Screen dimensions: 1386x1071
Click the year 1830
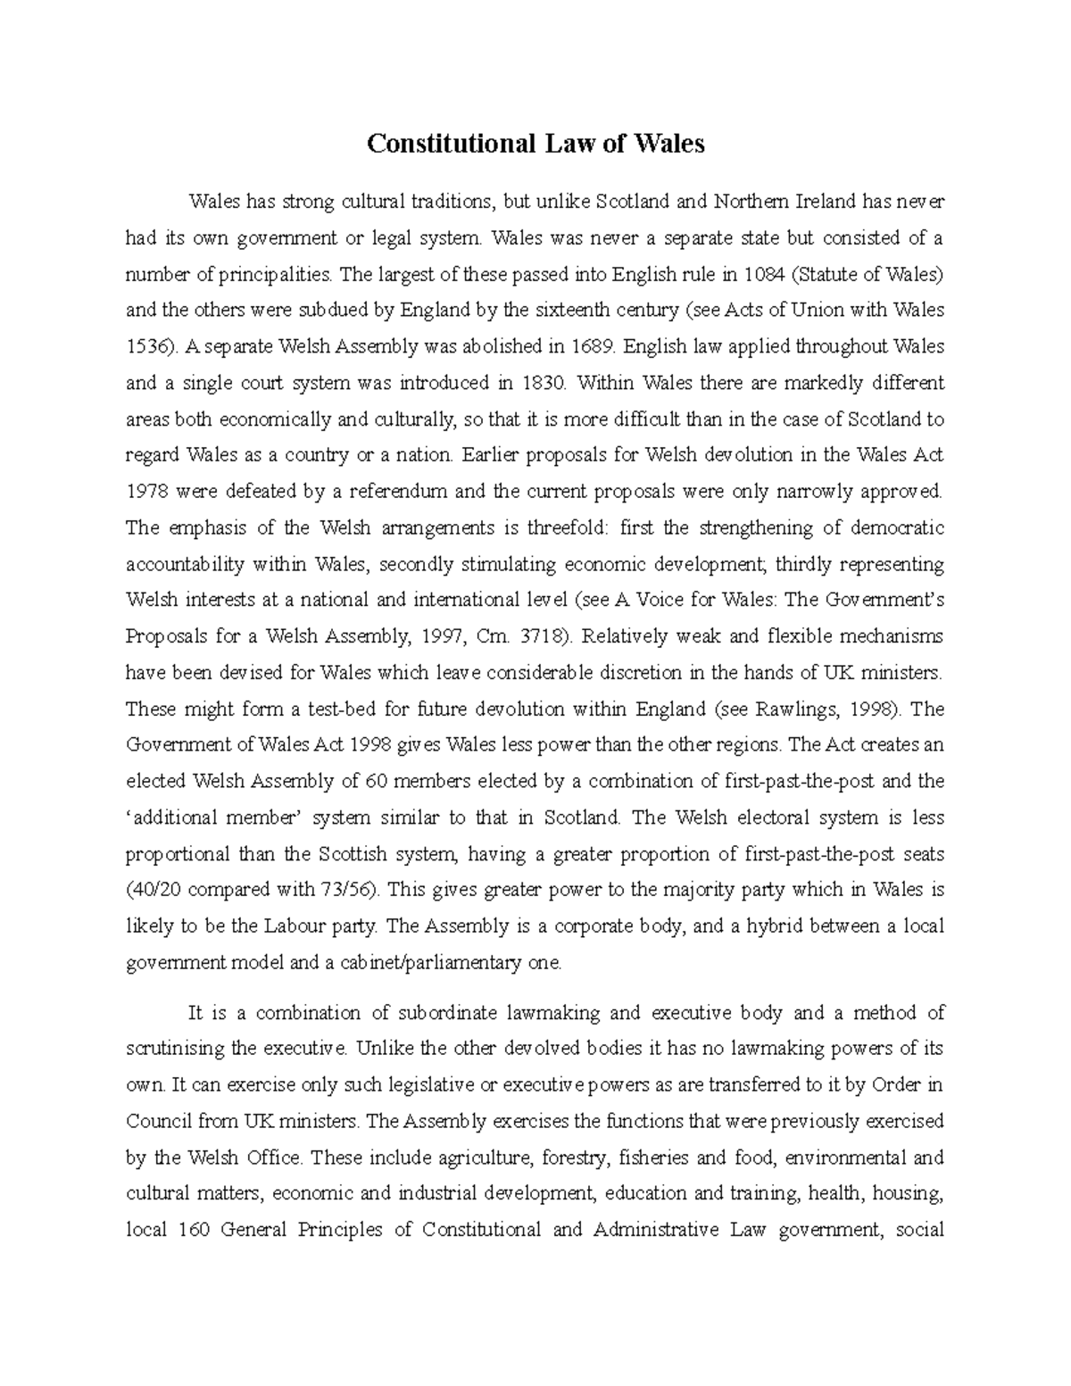[541, 383]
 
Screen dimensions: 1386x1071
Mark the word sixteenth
[578, 311]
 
